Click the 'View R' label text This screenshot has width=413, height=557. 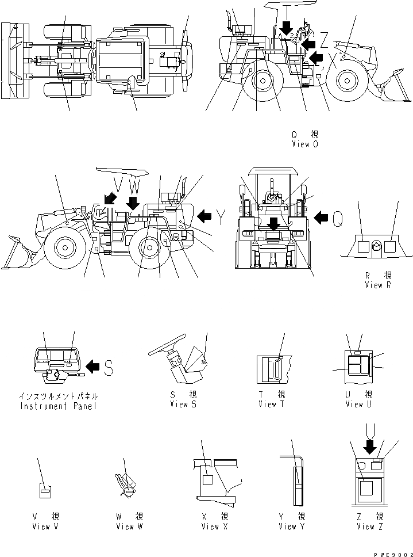(x=377, y=285)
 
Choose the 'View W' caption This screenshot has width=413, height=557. (x=129, y=527)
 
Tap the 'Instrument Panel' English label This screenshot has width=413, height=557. (x=59, y=406)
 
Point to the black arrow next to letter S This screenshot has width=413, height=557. (x=92, y=365)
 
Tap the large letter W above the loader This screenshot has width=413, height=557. (x=133, y=185)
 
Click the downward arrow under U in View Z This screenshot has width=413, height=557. (x=369, y=447)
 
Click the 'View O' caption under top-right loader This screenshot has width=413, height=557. (x=304, y=144)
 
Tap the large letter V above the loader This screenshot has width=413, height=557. (x=118, y=185)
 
